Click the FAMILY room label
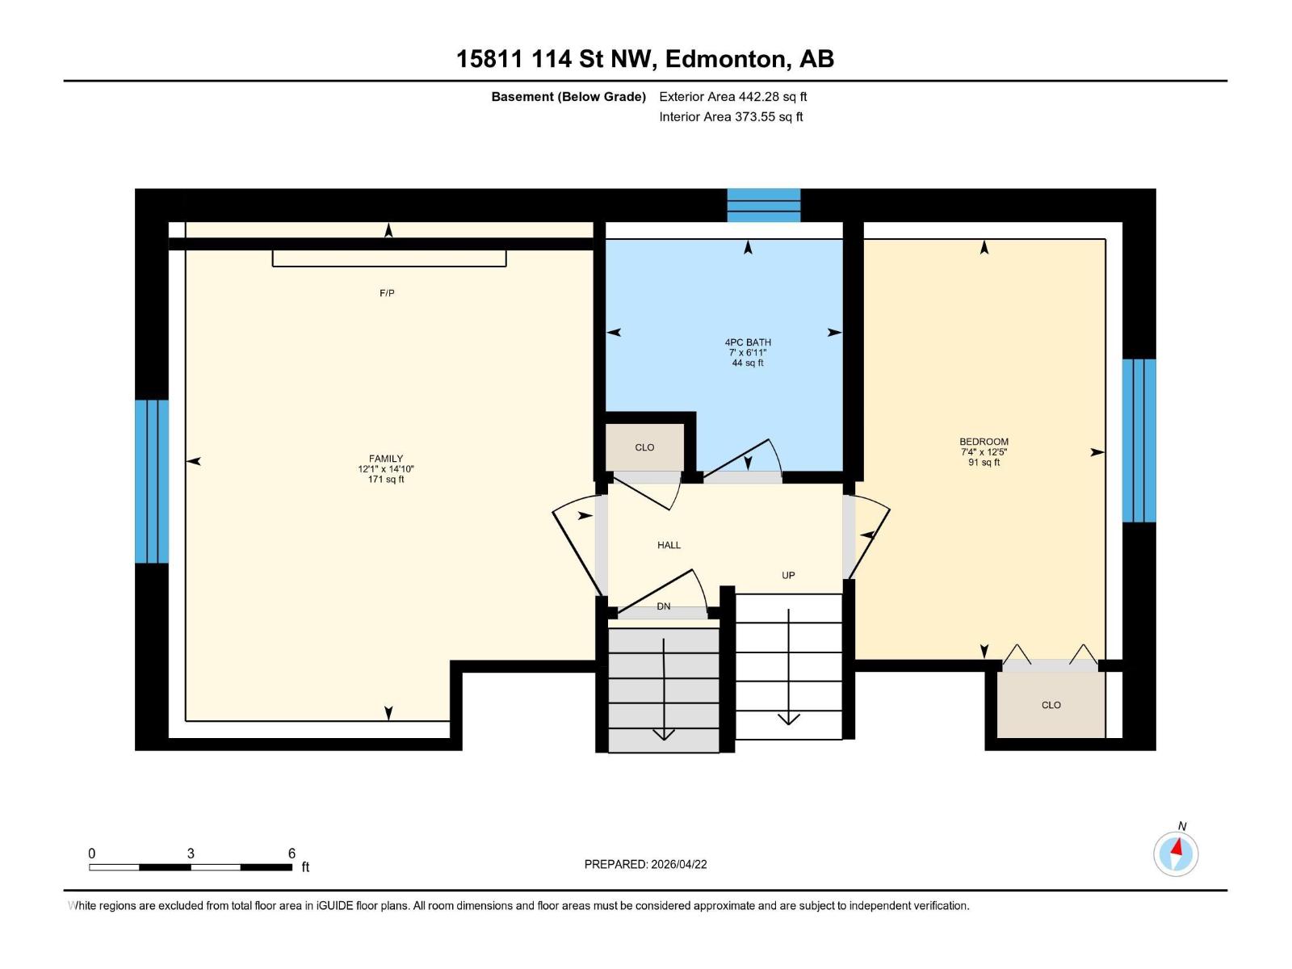(386, 459)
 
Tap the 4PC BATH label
(748, 342)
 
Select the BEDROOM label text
(984, 442)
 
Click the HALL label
(669, 545)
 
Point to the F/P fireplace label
(387, 293)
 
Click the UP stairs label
(788, 576)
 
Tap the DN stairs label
(663, 606)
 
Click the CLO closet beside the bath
(644, 447)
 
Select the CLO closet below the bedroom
(1051, 705)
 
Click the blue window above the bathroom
(763, 205)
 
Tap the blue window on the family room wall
(152, 481)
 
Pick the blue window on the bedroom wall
(1139, 440)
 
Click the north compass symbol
(1176, 854)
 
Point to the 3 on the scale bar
(191, 854)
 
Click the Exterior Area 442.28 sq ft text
(732, 97)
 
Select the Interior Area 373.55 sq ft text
(731, 117)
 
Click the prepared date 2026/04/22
(677, 864)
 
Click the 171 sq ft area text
(386, 480)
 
